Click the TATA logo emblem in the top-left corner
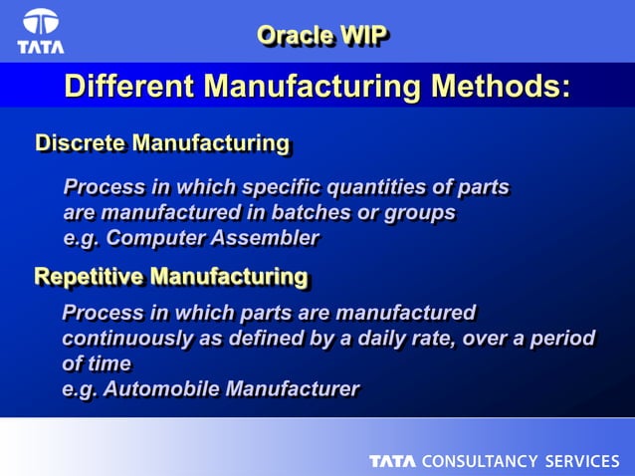pos(41,24)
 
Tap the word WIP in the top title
pos(362,35)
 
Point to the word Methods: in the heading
pos(500,88)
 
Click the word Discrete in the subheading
pos(81,143)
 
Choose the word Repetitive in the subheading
pos(89,275)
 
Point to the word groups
pos(421,212)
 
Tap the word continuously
pos(127,338)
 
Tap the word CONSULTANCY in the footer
pos(481,461)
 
